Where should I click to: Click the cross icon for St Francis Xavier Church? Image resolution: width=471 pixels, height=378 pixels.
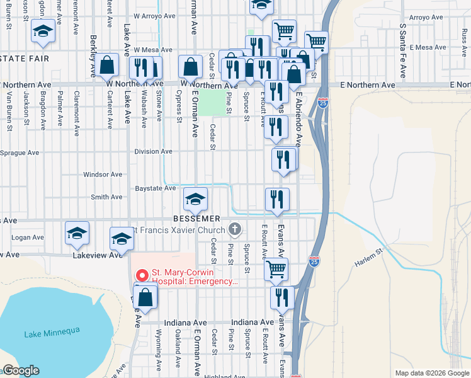click(235, 229)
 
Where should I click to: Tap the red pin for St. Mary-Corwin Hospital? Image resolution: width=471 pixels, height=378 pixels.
click(142, 276)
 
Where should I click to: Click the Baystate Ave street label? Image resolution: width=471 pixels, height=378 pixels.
click(156, 188)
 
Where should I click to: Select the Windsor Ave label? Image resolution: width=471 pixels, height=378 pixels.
click(103, 174)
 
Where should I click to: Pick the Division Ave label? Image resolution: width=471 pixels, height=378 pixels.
click(153, 151)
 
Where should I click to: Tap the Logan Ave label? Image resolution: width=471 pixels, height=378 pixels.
click(28, 238)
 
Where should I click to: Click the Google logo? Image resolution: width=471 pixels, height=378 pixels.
click(21, 370)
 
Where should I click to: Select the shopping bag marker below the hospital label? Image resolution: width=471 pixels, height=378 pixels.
click(145, 299)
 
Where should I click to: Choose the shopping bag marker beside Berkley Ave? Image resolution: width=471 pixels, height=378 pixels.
click(108, 65)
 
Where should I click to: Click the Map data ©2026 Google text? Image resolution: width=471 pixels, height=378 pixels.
click(431, 373)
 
